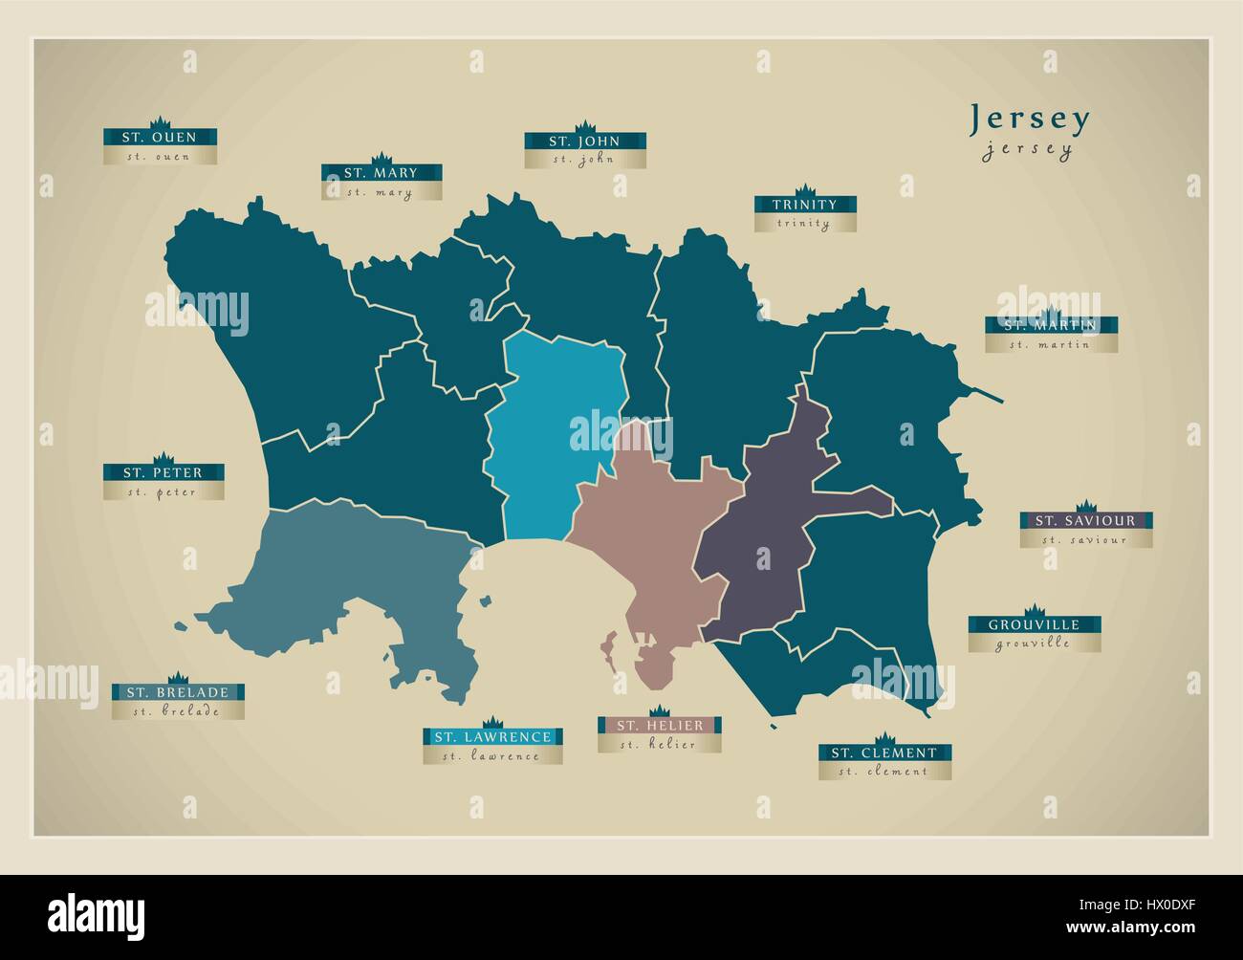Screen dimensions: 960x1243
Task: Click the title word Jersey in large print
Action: click(x=1030, y=119)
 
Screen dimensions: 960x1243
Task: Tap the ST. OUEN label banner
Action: click(x=160, y=138)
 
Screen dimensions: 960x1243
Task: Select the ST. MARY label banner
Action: click(x=382, y=173)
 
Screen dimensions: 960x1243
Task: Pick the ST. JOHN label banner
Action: click(x=584, y=142)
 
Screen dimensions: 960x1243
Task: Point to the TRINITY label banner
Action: click(x=804, y=205)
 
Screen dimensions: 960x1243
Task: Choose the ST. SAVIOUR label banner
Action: click(x=1084, y=521)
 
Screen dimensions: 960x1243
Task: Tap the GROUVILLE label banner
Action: click(x=1034, y=625)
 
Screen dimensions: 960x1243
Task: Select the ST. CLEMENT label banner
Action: click(x=884, y=753)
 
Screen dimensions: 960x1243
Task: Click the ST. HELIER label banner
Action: click(x=659, y=726)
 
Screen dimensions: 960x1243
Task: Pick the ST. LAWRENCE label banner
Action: click(x=492, y=737)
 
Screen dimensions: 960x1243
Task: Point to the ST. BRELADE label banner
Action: click(x=177, y=692)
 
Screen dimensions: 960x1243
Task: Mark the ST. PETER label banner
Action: click(x=164, y=472)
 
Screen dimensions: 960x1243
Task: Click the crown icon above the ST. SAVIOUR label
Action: click(x=1084, y=507)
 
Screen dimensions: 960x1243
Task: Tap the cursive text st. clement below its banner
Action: click(x=884, y=772)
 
